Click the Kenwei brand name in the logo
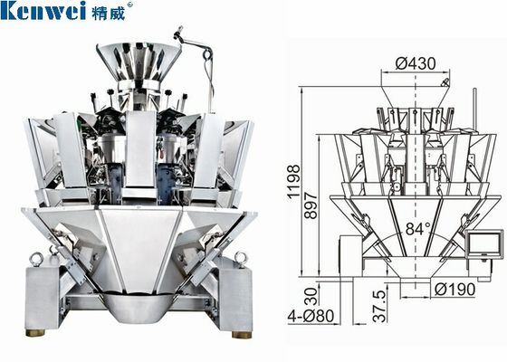[43, 10]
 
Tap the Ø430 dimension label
[416, 63]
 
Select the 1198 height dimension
[293, 181]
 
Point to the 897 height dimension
[311, 206]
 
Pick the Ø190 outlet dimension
[454, 290]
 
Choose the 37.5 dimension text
[379, 306]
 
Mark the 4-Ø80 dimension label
[311, 316]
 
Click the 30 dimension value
[311, 296]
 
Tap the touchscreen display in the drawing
[484, 243]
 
